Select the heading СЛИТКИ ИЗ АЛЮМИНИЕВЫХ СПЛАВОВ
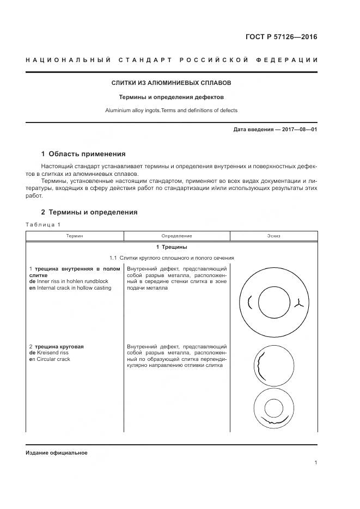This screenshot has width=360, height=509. click(172, 83)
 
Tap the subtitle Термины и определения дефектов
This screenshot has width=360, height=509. click(172, 97)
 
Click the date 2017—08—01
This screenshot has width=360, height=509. click(296, 130)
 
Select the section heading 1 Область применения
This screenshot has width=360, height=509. click(83, 154)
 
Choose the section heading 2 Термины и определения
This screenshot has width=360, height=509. click(89, 212)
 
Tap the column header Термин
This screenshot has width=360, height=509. click(75, 236)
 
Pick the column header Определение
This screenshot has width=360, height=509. click(176, 236)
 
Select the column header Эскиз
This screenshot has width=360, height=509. click(274, 236)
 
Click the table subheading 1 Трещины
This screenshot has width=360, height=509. click(172, 248)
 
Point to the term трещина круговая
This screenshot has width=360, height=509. click(60, 347)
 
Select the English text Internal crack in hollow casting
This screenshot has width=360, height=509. click(74, 287)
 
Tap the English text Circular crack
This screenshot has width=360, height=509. click(52, 359)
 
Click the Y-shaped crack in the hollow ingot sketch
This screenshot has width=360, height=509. click(298, 303)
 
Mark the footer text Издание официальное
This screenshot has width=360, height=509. click(56, 453)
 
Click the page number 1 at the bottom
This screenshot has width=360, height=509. click(316, 463)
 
